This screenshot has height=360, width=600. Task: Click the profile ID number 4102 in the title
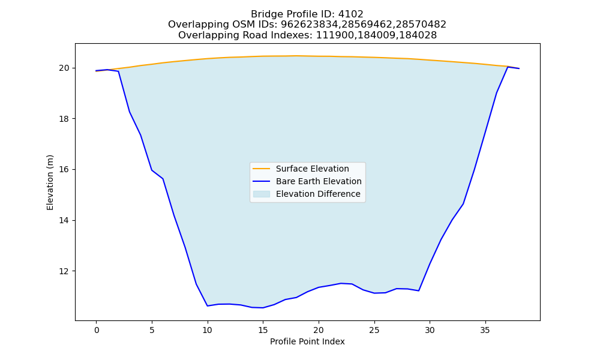(x=351, y=14)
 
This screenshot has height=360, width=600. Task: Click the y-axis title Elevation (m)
(x=50, y=182)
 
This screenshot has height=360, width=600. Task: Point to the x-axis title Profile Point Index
(x=307, y=341)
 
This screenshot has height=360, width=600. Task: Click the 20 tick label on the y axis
(x=64, y=68)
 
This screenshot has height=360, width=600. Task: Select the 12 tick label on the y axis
(x=64, y=271)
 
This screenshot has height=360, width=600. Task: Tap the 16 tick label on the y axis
(x=64, y=169)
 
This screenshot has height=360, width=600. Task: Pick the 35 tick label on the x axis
(x=485, y=330)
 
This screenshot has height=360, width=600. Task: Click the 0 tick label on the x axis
(x=97, y=330)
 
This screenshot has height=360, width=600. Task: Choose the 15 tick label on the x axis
(x=263, y=330)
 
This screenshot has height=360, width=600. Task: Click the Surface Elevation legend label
(x=312, y=169)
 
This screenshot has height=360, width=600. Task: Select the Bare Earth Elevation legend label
(x=319, y=181)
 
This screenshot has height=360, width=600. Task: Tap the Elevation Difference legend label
(x=318, y=194)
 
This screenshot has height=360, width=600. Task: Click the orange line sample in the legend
(x=262, y=169)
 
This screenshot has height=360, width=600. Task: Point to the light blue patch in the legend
(x=262, y=194)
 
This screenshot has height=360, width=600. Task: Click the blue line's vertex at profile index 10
(x=208, y=305)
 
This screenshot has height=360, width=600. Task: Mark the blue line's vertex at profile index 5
(x=152, y=170)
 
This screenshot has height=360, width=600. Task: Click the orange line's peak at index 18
(x=296, y=56)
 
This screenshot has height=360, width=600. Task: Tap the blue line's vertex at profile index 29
(x=419, y=291)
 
